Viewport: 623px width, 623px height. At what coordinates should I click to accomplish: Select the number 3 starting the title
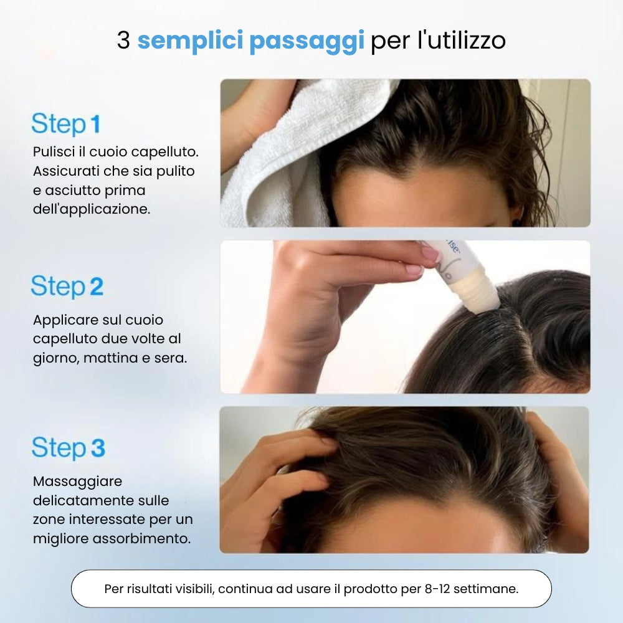click(x=123, y=41)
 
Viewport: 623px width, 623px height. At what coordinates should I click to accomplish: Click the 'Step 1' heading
click(x=65, y=124)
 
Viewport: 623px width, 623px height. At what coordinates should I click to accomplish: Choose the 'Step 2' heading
click(x=67, y=287)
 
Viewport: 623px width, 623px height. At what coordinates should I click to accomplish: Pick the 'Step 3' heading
click(x=68, y=448)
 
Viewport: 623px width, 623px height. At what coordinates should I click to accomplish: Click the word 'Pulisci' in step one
click(x=54, y=152)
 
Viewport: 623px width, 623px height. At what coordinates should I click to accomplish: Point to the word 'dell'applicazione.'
click(x=92, y=209)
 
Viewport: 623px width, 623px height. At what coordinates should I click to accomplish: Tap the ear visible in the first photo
click(x=516, y=215)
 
